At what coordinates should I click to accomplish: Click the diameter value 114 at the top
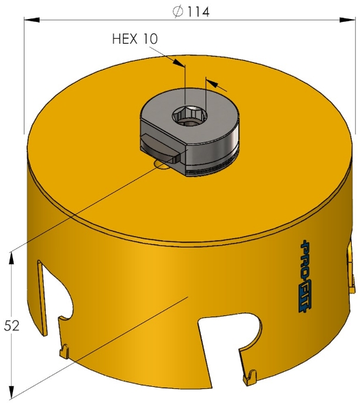pos(198,12)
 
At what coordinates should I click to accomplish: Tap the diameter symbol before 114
pos(178,12)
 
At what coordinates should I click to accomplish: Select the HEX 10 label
pos(135,39)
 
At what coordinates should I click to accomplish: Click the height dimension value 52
pos(12,325)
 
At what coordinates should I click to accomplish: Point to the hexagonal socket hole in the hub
pos(191,116)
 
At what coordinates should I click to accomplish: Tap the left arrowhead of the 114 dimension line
pos(31,20)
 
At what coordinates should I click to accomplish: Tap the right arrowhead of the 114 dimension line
pos(347,20)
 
